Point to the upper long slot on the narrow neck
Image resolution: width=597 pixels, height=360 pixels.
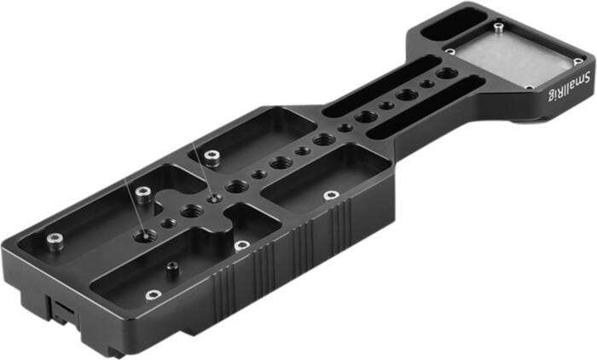coord(388,90)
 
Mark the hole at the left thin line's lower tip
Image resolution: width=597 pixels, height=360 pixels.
coord(139,231)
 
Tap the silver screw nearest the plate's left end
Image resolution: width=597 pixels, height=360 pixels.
coord(55,238)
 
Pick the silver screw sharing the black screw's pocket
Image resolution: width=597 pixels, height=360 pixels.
coord(152,295)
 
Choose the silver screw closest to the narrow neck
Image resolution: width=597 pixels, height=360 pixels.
coord(325,194)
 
